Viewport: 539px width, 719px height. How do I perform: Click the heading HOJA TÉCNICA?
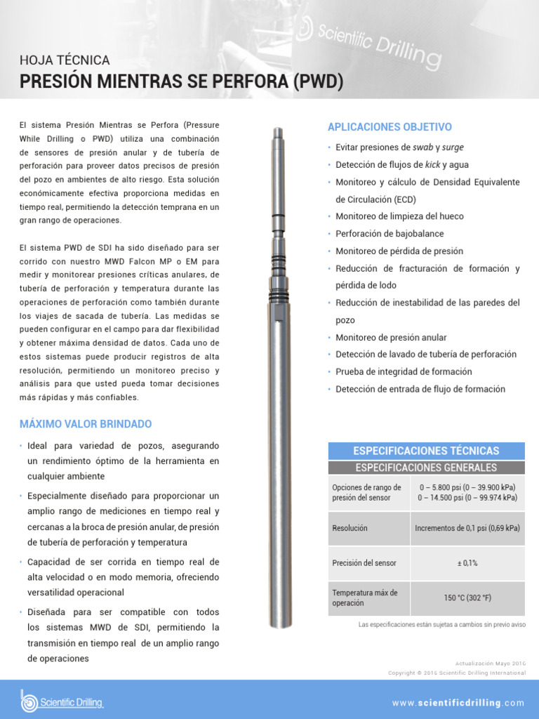click(x=65, y=60)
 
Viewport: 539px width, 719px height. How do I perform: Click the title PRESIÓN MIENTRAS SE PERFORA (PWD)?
click(x=181, y=82)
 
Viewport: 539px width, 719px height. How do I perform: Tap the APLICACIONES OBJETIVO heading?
click(x=390, y=127)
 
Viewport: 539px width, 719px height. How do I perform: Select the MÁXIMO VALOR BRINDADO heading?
click(x=85, y=424)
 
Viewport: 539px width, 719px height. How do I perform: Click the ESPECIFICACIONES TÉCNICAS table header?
click(x=426, y=451)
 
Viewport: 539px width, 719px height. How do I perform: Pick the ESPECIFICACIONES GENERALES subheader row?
click(x=426, y=468)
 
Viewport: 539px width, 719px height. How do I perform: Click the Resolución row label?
click(x=350, y=528)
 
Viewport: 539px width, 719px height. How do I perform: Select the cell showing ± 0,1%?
click(x=467, y=563)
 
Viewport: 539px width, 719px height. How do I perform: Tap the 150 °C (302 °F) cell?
click(x=467, y=598)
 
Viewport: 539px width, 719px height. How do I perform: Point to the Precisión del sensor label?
click(x=364, y=563)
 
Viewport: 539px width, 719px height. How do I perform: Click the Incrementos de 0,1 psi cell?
click(x=467, y=528)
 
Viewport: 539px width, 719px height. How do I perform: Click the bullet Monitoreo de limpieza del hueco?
click(x=399, y=216)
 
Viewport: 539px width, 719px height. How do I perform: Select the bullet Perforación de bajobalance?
click(x=390, y=234)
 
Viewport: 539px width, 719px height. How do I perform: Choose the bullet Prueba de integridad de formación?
click(x=404, y=371)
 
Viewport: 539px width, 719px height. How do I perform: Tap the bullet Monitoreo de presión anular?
click(x=391, y=337)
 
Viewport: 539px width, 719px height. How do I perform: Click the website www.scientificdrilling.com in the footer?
click(x=458, y=703)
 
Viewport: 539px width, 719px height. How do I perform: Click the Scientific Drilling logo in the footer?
click(x=62, y=701)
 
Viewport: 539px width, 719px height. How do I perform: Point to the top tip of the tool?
click(x=279, y=129)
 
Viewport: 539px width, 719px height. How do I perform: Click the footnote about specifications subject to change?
click(x=441, y=624)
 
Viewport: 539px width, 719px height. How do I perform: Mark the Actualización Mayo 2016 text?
click(x=490, y=663)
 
